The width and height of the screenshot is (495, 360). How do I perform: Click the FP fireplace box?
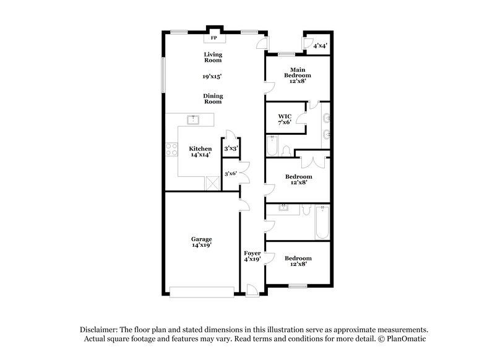click(214, 37)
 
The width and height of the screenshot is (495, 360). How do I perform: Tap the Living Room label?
click(213, 58)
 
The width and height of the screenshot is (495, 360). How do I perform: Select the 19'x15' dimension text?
click(213, 77)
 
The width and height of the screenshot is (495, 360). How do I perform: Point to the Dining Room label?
click(213, 99)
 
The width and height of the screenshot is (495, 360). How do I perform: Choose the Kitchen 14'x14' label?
click(200, 152)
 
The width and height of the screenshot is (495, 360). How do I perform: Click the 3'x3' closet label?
click(231, 148)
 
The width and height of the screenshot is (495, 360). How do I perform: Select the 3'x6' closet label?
click(231, 174)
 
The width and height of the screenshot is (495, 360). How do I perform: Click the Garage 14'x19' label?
click(201, 242)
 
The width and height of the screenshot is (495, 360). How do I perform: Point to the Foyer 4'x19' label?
click(252, 256)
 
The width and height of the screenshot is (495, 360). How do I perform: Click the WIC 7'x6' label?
click(284, 119)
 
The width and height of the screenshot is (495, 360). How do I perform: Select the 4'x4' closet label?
click(320, 46)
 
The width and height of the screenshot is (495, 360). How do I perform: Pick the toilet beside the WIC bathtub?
click(286, 150)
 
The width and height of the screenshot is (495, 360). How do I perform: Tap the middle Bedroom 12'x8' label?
click(298, 179)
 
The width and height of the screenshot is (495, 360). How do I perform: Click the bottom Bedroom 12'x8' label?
click(298, 261)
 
